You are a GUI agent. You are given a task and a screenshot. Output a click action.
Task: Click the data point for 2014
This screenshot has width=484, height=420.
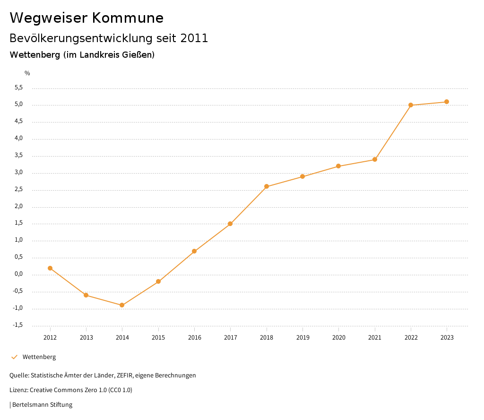pyautogui.click(x=122, y=305)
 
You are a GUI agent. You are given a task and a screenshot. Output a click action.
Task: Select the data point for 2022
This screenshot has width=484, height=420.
pyautogui.click(x=411, y=105)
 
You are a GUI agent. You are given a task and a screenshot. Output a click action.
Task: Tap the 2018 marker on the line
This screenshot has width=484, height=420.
pyautogui.click(x=267, y=186)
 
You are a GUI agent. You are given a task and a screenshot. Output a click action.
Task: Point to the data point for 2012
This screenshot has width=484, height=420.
pyautogui.click(x=50, y=268)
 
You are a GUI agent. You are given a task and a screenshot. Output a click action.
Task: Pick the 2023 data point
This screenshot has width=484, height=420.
pyautogui.click(x=447, y=102)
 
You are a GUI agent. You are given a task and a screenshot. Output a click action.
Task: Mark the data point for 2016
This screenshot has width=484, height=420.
pyautogui.click(x=194, y=251)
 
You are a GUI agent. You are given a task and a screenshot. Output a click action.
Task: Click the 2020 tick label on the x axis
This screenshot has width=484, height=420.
pyautogui.click(x=339, y=337)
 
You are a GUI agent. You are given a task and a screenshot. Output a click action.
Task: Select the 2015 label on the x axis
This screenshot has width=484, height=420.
pyautogui.click(x=158, y=337)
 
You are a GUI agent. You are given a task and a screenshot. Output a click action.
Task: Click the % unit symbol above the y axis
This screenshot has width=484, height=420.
pyautogui.click(x=27, y=73)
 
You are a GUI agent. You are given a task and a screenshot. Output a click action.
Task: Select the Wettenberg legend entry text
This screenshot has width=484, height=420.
pyautogui.click(x=39, y=357)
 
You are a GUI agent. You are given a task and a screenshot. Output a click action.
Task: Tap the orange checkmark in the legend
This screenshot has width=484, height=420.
pyautogui.click(x=14, y=357)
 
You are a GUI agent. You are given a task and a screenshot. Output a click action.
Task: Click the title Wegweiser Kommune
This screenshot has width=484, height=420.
pyautogui.click(x=86, y=18)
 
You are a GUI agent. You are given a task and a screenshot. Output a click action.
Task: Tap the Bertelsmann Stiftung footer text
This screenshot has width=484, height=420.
pyautogui.click(x=42, y=405)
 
